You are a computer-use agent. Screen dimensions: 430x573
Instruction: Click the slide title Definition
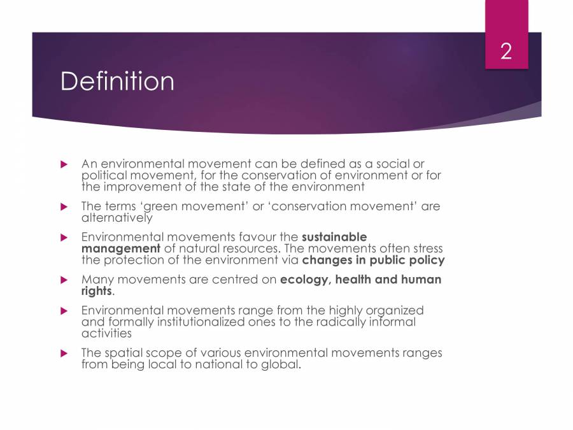[117, 82]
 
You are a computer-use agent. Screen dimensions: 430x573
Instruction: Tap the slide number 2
[506, 52]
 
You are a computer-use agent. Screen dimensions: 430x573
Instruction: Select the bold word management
[121, 248]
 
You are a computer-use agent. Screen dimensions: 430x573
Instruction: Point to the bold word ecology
[304, 280]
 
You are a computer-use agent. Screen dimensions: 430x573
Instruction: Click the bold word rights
[97, 290]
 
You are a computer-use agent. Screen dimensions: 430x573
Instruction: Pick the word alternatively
[117, 217]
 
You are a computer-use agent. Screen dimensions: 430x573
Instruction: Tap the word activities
[107, 333]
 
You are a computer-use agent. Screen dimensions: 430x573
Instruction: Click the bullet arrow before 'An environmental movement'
[64, 164]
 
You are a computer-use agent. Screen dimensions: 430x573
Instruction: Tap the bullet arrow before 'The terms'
[64, 206]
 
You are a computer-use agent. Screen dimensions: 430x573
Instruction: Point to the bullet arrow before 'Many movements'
[64, 280]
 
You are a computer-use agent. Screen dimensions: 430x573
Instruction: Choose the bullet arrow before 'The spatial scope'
[64, 353]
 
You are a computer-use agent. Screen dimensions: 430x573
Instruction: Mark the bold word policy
[425, 259]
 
